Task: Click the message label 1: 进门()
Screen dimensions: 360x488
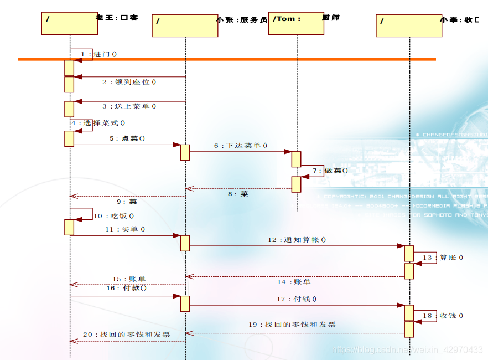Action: point(99,54)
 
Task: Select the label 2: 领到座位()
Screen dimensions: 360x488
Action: point(129,82)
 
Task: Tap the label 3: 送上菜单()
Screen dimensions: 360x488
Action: point(129,106)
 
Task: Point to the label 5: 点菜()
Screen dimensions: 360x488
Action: point(127,138)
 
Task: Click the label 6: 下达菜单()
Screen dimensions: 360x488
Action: point(241,146)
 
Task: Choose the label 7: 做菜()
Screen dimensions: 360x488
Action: point(330,171)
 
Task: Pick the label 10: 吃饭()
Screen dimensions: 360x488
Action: point(113,216)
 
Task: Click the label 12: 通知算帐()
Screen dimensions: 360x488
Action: point(297,240)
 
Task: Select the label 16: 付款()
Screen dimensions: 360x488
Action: point(127,288)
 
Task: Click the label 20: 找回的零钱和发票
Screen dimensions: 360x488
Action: point(127,335)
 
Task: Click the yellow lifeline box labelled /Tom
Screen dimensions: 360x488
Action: point(296,23)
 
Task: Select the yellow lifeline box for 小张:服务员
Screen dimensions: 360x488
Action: point(185,26)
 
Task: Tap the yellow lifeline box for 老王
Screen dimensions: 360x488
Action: point(69,23)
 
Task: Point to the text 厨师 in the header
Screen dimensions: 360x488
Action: point(331,18)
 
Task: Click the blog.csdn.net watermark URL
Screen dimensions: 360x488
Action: point(407,350)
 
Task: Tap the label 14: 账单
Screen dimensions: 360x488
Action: point(294,282)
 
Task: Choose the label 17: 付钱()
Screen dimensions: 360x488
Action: point(297,299)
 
